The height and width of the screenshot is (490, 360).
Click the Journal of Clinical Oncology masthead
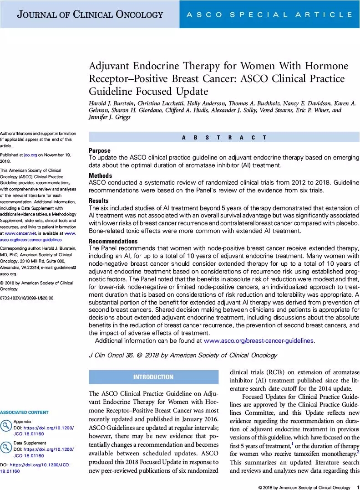(x=90, y=15)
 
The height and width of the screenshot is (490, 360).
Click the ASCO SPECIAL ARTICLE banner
(x=269, y=15)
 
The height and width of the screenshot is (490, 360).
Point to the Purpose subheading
(x=99, y=150)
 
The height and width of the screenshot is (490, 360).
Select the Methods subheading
(x=101, y=175)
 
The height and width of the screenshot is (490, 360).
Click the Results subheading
(x=99, y=201)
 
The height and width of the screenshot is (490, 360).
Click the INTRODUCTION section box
(x=153, y=377)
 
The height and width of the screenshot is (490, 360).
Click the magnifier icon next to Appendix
(x=6, y=426)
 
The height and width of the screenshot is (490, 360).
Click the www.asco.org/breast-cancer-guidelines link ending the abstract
(x=259, y=340)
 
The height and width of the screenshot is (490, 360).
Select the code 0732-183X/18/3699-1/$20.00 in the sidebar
(x=27, y=298)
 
